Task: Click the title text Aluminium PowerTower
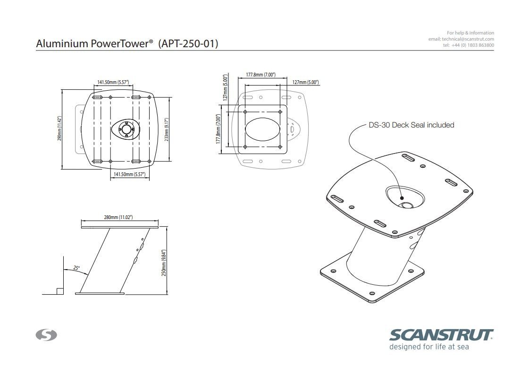pyautogui.click(x=93, y=44)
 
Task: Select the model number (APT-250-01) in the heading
pyautogui.click(x=188, y=44)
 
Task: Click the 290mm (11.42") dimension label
pyautogui.click(x=59, y=128)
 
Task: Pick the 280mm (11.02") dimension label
pyautogui.click(x=118, y=217)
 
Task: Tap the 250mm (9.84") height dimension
pyautogui.click(x=164, y=263)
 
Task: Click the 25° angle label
pyautogui.click(x=76, y=268)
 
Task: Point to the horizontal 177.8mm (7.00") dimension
pyautogui.click(x=260, y=75)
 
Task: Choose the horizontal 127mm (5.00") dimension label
pyautogui.click(x=305, y=82)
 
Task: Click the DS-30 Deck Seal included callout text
pyautogui.click(x=411, y=125)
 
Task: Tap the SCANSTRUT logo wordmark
pyautogui.click(x=441, y=335)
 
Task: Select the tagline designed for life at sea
pyautogui.click(x=428, y=347)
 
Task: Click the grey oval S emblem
pyautogui.click(x=46, y=335)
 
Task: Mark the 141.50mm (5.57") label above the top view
pyautogui.click(x=113, y=82)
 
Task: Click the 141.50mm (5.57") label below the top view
pyautogui.click(x=129, y=174)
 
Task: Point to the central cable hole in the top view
pyautogui.click(x=126, y=129)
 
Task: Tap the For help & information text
pyautogui.click(x=470, y=33)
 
